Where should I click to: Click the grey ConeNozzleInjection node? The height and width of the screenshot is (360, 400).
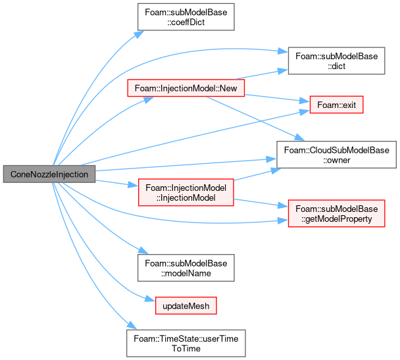[49, 174]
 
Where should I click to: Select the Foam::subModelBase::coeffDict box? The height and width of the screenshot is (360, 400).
[186, 17]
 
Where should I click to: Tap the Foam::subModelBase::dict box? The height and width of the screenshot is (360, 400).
[336, 61]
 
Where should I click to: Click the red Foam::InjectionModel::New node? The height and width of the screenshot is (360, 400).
[186, 88]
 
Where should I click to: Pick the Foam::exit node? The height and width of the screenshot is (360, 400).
[336, 105]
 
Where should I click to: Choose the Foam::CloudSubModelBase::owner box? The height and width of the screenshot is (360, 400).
[336, 155]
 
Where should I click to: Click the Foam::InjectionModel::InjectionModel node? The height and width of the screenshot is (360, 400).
[186, 192]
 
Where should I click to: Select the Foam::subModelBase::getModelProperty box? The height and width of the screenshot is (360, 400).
[336, 213]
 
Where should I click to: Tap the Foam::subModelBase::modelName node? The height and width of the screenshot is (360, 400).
[186, 268]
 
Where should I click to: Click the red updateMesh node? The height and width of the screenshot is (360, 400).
[186, 305]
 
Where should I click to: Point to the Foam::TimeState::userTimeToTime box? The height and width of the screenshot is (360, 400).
[186, 343]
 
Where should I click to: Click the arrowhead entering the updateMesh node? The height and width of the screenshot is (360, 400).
[151, 299]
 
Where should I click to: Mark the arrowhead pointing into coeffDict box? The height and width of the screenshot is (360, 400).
[139, 34]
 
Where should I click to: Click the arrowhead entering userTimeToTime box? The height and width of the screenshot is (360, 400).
[132, 325]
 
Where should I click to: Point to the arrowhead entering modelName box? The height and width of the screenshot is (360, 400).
[143, 250]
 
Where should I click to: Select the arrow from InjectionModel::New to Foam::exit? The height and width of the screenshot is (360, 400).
[277, 98]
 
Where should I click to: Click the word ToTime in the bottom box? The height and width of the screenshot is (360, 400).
[186, 349]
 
